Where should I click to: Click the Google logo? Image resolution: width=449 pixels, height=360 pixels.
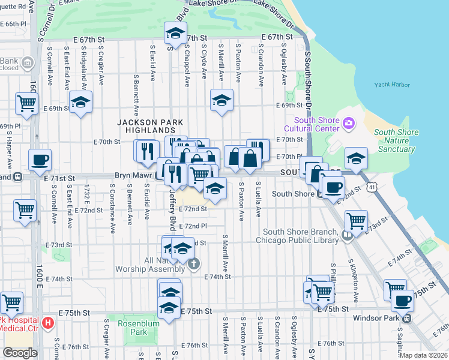click(x=20, y=353)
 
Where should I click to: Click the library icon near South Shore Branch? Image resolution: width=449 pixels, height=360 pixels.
click(x=347, y=236)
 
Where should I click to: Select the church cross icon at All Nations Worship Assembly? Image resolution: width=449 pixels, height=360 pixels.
click(x=193, y=264)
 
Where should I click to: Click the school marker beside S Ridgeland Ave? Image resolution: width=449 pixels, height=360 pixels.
click(x=80, y=102)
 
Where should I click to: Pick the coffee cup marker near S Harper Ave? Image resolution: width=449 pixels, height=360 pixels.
click(x=40, y=160)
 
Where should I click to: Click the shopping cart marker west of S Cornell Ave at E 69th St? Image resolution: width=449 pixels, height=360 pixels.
click(x=27, y=103)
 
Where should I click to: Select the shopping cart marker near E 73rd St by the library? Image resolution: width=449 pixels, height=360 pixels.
click(x=357, y=220)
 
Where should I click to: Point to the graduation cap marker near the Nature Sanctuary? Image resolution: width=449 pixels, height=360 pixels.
click(x=357, y=158)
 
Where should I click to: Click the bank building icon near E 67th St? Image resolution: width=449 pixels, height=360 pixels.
click(x=27, y=62)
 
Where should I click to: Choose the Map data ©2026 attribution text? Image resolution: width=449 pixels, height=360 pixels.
click(x=423, y=355)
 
